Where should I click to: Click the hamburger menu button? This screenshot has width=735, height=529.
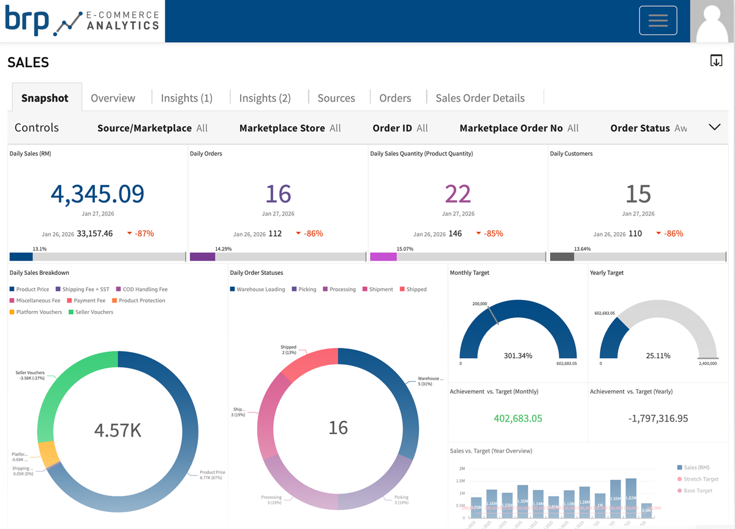click(x=658, y=21)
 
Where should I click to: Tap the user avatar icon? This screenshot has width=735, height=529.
click(x=712, y=21)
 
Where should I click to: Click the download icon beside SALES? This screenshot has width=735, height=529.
click(x=716, y=61)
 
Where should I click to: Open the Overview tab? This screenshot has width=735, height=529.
click(x=113, y=98)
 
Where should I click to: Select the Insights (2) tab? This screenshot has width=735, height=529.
click(x=265, y=98)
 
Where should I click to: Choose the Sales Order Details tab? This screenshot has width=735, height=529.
click(x=480, y=98)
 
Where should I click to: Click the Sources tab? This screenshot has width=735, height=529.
click(x=336, y=98)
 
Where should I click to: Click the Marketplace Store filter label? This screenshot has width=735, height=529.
click(x=282, y=128)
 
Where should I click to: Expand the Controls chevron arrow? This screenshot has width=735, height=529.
click(x=714, y=127)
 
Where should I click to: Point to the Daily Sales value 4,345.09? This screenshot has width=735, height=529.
click(x=97, y=193)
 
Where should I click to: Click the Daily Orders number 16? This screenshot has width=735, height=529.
click(x=278, y=193)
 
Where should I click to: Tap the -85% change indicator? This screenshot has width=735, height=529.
click(x=493, y=233)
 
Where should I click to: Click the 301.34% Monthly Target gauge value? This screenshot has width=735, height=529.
click(x=518, y=355)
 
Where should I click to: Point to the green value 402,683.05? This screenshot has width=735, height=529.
click(x=518, y=419)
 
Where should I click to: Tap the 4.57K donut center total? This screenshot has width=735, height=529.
click(x=118, y=430)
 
